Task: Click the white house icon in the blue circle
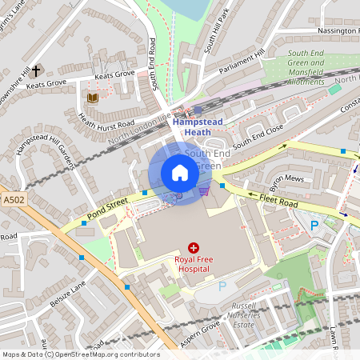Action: [x=180, y=173]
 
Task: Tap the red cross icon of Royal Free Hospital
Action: [x=193, y=249]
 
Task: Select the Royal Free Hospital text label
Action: [x=192, y=264]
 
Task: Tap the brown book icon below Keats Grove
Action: [x=92, y=98]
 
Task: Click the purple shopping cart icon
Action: [x=205, y=190]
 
